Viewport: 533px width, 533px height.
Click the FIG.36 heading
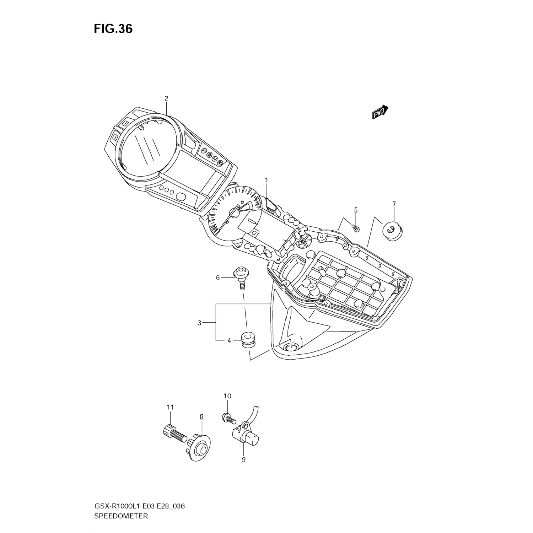click(113, 29)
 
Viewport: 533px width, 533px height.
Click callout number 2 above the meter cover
click(166, 99)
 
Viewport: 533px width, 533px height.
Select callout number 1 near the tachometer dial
click(266, 181)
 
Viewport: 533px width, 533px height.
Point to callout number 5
click(356, 210)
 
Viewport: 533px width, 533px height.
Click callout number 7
click(394, 204)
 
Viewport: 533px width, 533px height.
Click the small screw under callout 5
click(356, 228)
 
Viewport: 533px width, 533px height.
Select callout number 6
click(218, 278)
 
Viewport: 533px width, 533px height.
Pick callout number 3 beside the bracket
click(199, 323)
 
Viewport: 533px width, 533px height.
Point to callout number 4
click(229, 341)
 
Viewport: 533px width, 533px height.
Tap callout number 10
click(227, 396)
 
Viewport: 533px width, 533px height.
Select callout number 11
click(170, 407)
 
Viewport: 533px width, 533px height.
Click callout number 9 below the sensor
click(243, 460)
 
